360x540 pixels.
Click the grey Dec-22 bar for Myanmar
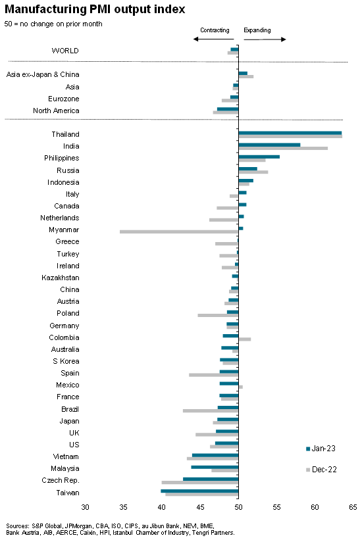click(x=179, y=232)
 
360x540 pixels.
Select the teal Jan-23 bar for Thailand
click(x=290, y=133)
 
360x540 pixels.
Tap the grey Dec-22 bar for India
click(x=283, y=149)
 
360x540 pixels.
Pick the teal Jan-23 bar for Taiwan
click(x=199, y=491)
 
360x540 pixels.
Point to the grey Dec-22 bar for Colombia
click(x=245, y=339)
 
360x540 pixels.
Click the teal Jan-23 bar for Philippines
click(x=259, y=157)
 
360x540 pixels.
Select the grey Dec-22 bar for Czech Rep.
click(x=200, y=483)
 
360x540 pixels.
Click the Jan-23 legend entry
click(x=321, y=449)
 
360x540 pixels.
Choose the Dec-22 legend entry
click(x=321, y=470)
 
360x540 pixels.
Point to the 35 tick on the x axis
click(x=123, y=507)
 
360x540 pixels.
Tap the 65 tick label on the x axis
click(x=353, y=507)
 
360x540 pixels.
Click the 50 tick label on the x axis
click(x=238, y=507)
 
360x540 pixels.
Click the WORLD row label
click(x=65, y=51)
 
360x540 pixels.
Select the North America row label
click(x=56, y=110)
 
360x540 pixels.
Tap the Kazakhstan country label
click(x=61, y=278)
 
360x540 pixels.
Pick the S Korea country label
click(x=66, y=361)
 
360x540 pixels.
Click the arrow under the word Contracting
click(x=214, y=39)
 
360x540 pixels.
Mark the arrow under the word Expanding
click(x=265, y=39)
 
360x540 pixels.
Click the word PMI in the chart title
click(x=100, y=9)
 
